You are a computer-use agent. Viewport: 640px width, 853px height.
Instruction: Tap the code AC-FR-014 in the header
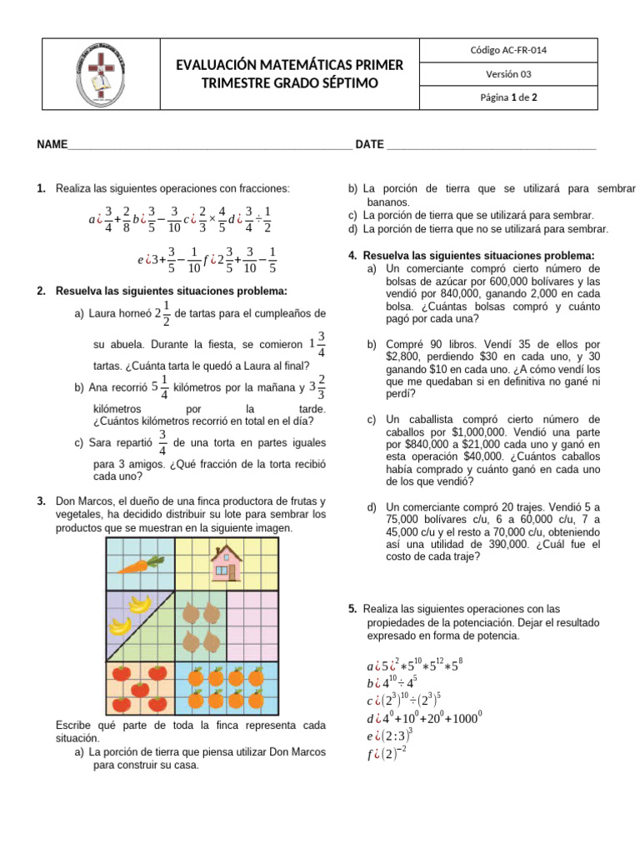pos(508,51)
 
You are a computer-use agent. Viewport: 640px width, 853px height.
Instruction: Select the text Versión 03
pos(508,74)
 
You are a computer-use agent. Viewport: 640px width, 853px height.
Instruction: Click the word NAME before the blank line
pos(52,145)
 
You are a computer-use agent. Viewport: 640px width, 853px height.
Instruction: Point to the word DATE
pos(369,145)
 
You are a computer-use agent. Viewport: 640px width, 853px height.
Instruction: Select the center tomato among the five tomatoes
pos(140,688)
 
